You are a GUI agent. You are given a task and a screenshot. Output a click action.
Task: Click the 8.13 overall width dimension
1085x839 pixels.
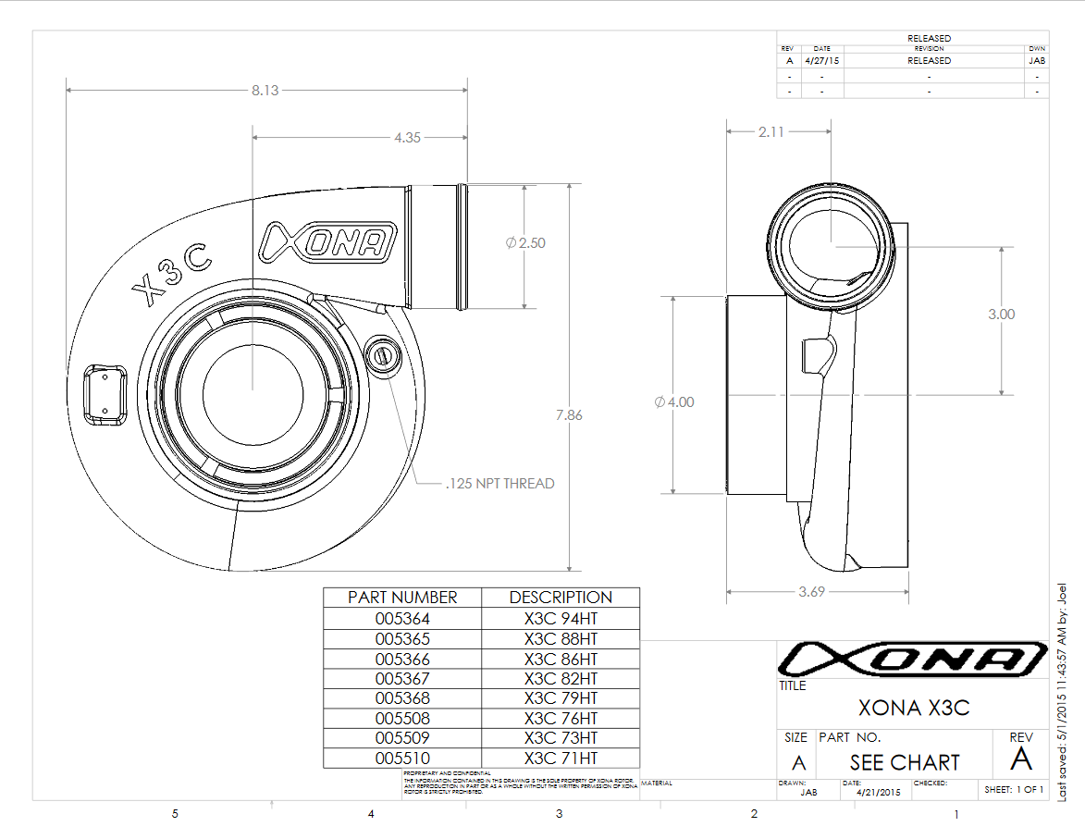[265, 90]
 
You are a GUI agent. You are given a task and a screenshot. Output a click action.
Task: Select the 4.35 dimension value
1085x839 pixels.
[407, 137]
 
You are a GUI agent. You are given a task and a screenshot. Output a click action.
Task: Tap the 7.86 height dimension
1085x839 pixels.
[569, 415]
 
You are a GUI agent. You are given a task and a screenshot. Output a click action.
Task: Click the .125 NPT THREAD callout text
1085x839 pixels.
[499, 483]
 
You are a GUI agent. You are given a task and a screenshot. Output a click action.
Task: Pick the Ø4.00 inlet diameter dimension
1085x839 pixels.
[673, 402]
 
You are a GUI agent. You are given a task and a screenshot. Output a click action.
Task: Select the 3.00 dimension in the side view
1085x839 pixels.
[1001, 315]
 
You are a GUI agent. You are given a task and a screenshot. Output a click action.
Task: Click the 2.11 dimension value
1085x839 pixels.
[771, 131]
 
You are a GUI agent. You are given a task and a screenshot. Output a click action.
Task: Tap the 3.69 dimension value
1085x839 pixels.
[811, 592]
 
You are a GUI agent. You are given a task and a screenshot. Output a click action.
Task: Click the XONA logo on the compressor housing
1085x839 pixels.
[327, 242]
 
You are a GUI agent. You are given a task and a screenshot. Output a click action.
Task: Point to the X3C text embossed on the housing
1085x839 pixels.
[173, 278]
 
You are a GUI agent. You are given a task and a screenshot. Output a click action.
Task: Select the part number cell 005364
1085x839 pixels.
[402, 619]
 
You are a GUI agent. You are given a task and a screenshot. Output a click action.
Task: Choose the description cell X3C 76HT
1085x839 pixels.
[561, 718]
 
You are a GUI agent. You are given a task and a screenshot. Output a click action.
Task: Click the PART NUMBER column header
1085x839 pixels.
[402, 598]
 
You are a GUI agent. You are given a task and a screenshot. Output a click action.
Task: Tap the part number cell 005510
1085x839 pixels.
[402, 758]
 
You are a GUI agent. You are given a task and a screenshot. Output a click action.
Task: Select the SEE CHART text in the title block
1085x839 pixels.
[905, 762]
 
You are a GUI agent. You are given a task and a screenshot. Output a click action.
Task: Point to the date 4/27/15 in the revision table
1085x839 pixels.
[822, 60]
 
